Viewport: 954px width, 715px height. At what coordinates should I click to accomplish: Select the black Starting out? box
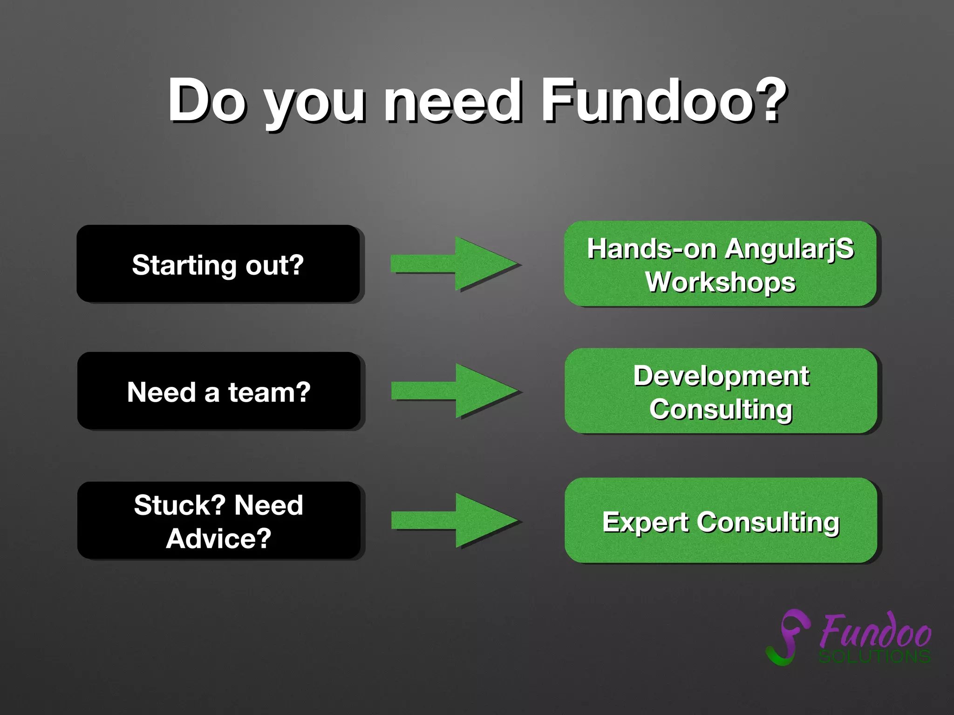coord(218,264)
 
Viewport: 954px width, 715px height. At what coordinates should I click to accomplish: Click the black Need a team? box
coord(218,391)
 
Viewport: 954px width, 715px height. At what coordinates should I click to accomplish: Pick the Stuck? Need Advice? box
coord(218,520)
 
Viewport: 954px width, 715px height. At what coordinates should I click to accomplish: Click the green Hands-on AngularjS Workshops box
coord(720,264)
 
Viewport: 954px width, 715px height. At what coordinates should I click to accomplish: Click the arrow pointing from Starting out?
coord(454,264)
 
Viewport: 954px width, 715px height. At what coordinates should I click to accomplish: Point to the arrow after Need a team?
coord(454,391)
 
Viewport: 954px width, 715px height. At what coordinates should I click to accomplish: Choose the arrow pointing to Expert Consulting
coord(454,520)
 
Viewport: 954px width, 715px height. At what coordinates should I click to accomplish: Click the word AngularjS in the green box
coord(789,249)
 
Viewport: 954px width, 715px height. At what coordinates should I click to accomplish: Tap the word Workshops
coord(720,282)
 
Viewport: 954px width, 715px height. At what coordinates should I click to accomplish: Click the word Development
coord(721,376)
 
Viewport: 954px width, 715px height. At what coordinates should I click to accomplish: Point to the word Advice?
coord(218,539)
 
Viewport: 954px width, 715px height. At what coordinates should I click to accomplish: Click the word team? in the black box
coord(269,392)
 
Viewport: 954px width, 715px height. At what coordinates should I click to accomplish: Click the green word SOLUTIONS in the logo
coord(875,656)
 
